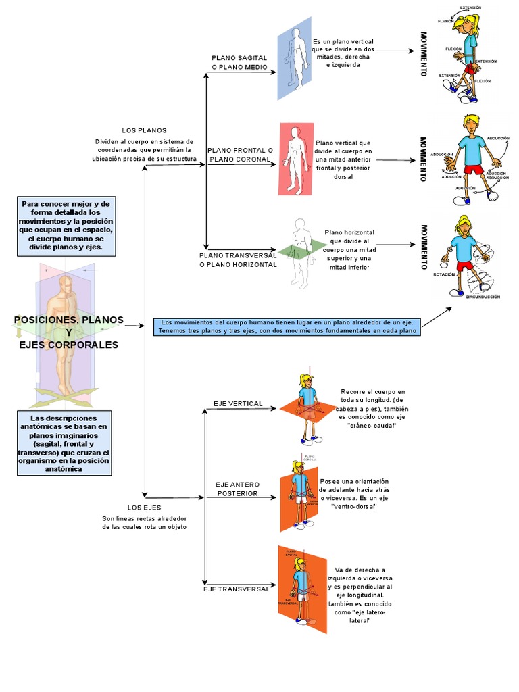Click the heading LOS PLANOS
point(144,130)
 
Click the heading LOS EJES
point(144,507)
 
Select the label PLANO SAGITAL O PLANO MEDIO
point(239,62)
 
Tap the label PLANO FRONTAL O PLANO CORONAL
point(240,155)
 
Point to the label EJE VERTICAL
point(238,403)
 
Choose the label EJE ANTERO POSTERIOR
point(237,489)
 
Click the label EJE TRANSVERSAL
point(237,589)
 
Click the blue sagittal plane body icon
point(294,58)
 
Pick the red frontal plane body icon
point(296,159)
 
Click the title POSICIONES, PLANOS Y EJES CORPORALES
point(68,332)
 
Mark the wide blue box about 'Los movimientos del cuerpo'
point(287,326)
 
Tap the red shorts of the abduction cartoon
point(474,170)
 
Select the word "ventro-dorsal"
point(354,507)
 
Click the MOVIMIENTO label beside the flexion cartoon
point(423,53)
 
